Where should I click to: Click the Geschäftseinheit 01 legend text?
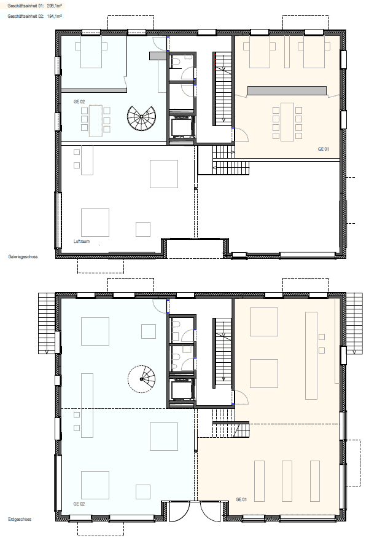(x=34, y=6)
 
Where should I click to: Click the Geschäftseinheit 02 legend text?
(x=34, y=16)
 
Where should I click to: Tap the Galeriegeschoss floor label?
(x=23, y=256)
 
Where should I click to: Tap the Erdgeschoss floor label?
(x=20, y=519)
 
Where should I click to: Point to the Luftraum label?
(x=82, y=241)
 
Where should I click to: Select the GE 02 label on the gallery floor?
(x=79, y=101)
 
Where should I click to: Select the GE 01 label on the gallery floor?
(x=324, y=149)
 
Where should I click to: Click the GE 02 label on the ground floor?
(x=79, y=504)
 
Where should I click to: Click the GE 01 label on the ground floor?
(x=241, y=499)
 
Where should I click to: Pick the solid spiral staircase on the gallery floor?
(x=141, y=117)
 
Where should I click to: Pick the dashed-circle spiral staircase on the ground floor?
(x=141, y=379)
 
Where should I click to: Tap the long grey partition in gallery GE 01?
(x=287, y=90)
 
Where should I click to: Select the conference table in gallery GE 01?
(x=287, y=122)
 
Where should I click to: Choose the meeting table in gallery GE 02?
(x=96, y=121)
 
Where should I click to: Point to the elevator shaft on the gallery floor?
(x=182, y=127)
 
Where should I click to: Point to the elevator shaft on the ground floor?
(x=182, y=390)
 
